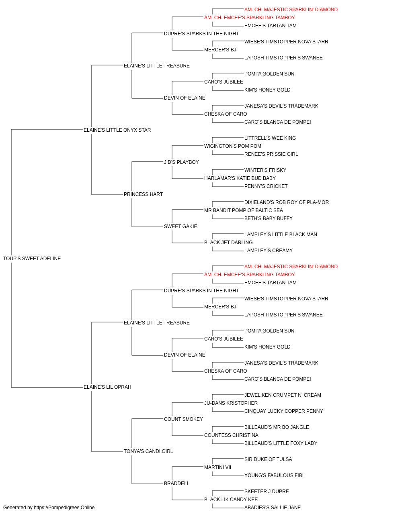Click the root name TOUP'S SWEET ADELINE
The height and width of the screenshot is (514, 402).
(32, 259)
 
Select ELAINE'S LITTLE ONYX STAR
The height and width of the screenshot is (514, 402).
(117, 130)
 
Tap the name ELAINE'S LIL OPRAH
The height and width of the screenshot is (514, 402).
(107, 387)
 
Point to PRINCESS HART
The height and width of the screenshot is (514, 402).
(143, 194)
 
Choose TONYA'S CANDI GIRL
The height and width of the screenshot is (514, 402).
(148, 451)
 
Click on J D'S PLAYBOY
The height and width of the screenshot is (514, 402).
(181, 162)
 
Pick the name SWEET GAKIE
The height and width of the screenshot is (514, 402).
(180, 226)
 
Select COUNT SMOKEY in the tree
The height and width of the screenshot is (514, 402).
(183, 419)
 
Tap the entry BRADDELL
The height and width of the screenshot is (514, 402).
(176, 483)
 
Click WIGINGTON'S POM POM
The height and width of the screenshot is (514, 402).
(233, 146)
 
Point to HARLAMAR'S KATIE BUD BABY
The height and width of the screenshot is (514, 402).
(240, 178)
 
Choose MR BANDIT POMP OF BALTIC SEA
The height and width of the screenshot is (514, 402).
(244, 210)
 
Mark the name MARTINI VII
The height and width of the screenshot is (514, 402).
(218, 467)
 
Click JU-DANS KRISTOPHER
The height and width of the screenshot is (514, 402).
(231, 403)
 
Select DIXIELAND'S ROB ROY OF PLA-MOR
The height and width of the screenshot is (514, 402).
(287, 202)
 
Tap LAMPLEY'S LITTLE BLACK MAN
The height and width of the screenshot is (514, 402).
(281, 235)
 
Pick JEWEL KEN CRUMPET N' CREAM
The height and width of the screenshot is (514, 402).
(283, 395)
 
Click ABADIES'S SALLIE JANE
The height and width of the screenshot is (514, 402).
(273, 508)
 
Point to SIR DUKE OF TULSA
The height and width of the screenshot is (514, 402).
(268, 459)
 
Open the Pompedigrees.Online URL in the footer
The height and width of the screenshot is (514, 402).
(64, 508)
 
